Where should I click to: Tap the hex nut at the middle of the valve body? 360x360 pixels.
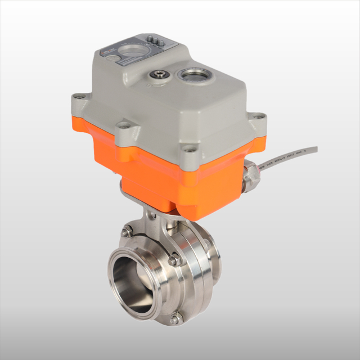pyautogui.click(x=174, y=260)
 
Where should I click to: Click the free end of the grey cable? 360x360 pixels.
pyautogui.click(x=315, y=150)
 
